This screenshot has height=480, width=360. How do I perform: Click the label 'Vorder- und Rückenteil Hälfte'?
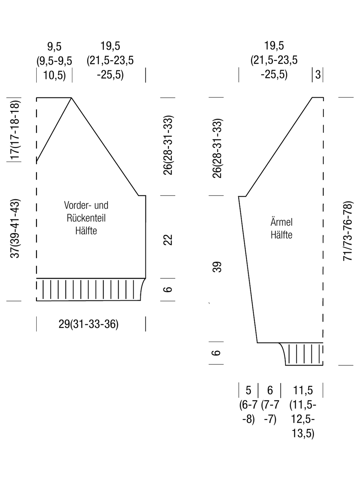pyautogui.click(x=86, y=218)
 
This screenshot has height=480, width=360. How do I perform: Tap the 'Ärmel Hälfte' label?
pyautogui.click(x=281, y=229)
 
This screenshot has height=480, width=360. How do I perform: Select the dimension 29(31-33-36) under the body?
pyautogui.click(x=89, y=324)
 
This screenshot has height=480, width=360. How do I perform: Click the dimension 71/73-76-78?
pyautogui.click(x=348, y=231)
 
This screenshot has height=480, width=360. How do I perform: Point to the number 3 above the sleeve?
pyautogui.click(x=318, y=75)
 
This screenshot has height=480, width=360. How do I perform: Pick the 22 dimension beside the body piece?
pyautogui.click(x=168, y=240)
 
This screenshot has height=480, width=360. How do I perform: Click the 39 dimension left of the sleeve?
pyautogui.click(x=217, y=267)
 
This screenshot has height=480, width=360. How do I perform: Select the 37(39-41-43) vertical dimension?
pyautogui.click(x=15, y=229)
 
